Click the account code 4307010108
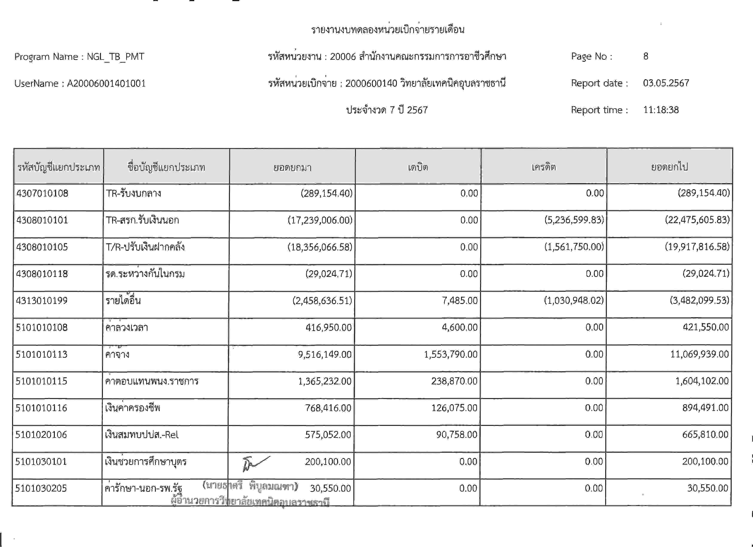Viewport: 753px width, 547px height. [42, 193]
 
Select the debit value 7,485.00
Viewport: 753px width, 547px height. [459, 301]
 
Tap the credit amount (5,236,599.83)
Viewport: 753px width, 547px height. [574, 220]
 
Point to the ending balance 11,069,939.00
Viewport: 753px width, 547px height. [699, 354]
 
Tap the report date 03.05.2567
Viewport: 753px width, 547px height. [666, 83]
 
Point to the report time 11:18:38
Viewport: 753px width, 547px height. [661, 110]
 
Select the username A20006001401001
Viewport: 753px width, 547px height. [106, 83]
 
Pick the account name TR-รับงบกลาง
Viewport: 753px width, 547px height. [133, 193]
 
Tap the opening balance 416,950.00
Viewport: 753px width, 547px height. [328, 327]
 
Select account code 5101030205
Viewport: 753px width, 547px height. [41, 488]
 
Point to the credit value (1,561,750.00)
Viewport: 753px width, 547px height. [574, 247]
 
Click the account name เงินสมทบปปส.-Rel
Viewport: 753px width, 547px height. [142, 435]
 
